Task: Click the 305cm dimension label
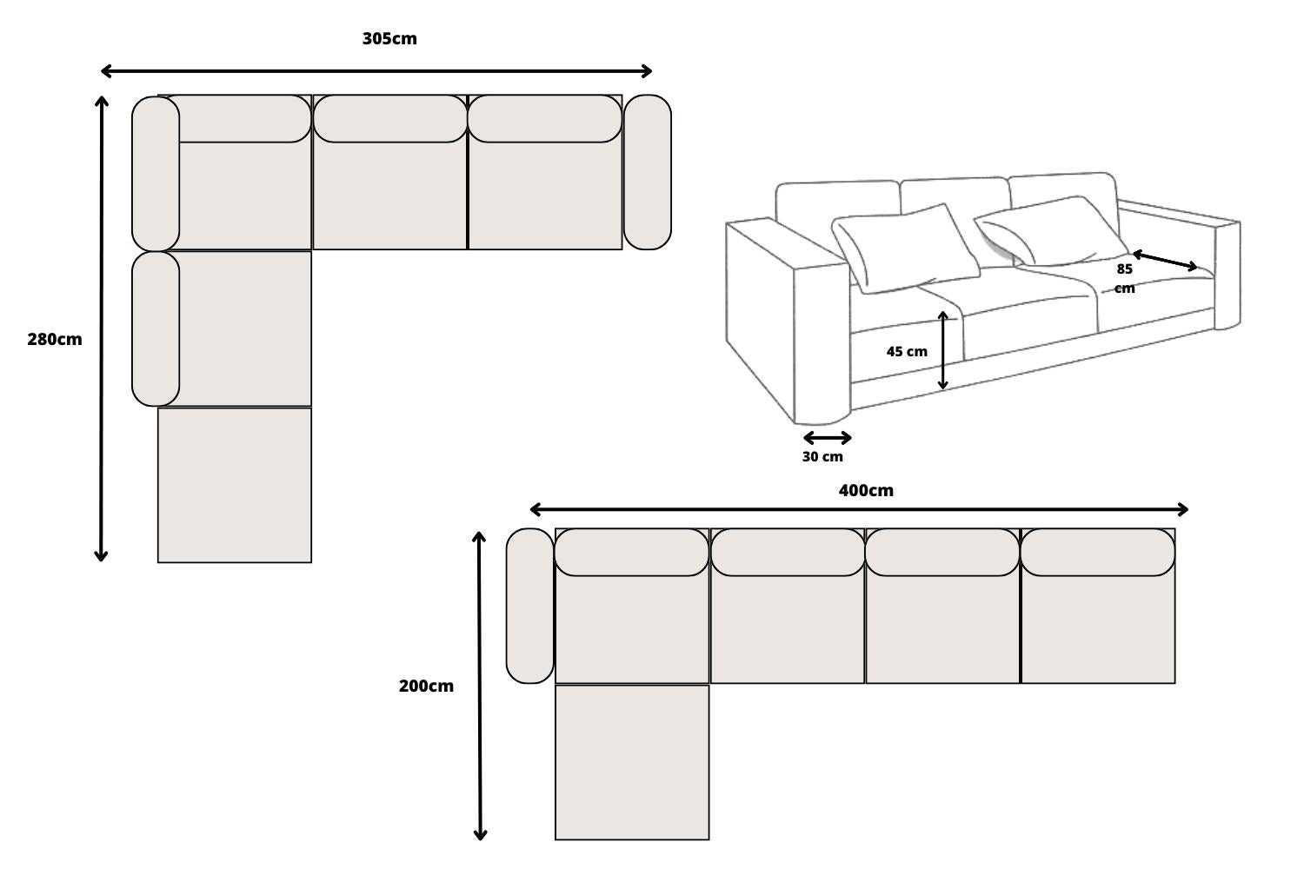pyautogui.click(x=389, y=39)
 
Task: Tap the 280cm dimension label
pyautogui.click(x=54, y=340)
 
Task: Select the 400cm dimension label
pyautogui.click(x=866, y=491)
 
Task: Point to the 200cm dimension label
pyautogui.click(x=426, y=687)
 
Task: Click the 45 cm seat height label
pyautogui.click(x=907, y=352)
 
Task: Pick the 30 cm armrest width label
pyautogui.click(x=822, y=457)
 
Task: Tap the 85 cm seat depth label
pyautogui.click(x=1125, y=278)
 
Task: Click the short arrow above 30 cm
pyautogui.click(x=827, y=438)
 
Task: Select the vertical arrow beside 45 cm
pyautogui.click(x=943, y=350)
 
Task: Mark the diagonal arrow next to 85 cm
pyautogui.click(x=1165, y=261)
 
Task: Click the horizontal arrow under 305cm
pyautogui.click(x=376, y=71)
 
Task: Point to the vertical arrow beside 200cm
pyautogui.click(x=480, y=687)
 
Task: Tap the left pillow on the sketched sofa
pyautogui.click(x=904, y=248)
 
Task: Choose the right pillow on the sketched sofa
pyautogui.click(x=1048, y=231)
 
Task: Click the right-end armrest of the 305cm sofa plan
pyautogui.click(x=648, y=172)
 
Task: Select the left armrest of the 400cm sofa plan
pyautogui.click(x=529, y=606)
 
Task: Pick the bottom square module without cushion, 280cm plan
pyautogui.click(x=235, y=485)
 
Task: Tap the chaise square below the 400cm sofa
pyautogui.click(x=632, y=762)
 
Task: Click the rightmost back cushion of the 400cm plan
pyautogui.click(x=1098, y=553)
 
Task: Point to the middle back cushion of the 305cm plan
pyautogui.click(x=390, y=119)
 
